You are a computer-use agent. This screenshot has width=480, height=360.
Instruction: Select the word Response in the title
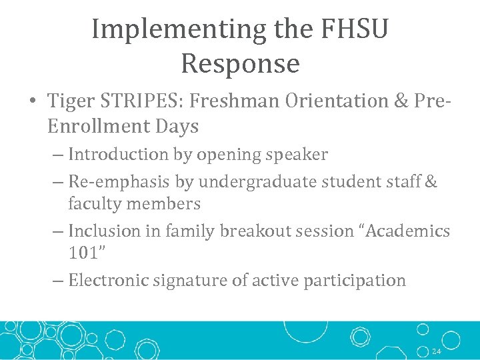(x=240, y=64)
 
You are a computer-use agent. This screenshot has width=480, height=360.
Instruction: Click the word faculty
(x=93, y=203)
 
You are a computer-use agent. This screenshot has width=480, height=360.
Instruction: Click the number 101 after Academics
(x=81, y=253)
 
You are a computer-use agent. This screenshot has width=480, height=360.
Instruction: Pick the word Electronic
(x=109, y=281)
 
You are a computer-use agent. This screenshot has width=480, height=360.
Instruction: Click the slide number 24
(x=436, y=351)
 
